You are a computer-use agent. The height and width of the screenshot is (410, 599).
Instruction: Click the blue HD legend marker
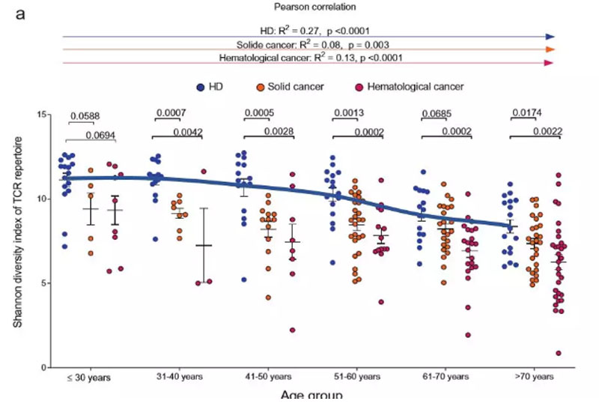pos(201,86)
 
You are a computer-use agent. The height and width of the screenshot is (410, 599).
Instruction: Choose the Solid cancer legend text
pos(297,86)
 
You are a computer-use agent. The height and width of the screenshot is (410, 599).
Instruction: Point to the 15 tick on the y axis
pos(43,114)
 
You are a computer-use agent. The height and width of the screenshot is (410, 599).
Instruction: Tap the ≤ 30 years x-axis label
pos(88,377)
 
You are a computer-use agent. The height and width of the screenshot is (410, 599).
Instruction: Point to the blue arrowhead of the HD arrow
pos(550,35)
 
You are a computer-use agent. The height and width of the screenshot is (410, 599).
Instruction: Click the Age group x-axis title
pos(311,395)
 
